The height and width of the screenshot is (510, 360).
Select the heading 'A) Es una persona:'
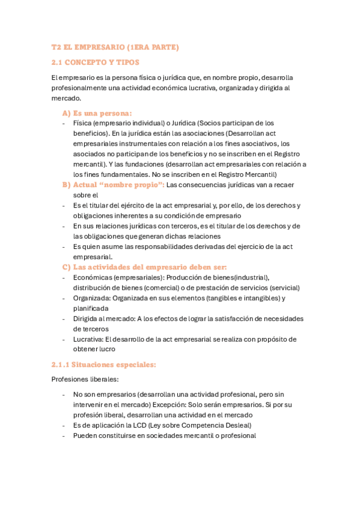[97, 112]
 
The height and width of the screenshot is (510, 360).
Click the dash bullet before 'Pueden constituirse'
[64, 436]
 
